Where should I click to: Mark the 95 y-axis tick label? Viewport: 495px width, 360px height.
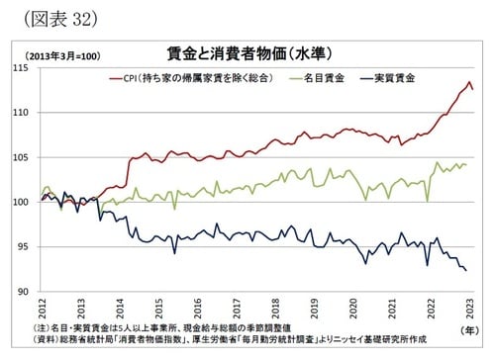tap(23, 246)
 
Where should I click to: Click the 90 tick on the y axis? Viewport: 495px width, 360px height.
tap(23, 291)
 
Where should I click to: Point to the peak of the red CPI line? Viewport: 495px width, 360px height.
tap(467, 82)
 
